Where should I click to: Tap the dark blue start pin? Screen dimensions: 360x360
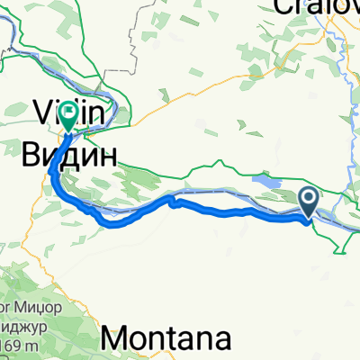pyautogui.click(x=308, y=200)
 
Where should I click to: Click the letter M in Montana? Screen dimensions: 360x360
pyautogui.click(x=115, y=338)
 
